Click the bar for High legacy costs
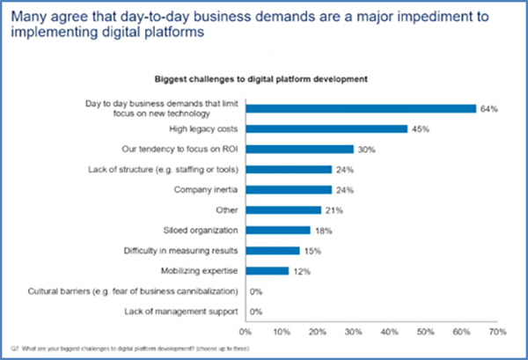point(326,129)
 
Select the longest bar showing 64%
point(361,108)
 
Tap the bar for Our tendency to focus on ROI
point(299,149)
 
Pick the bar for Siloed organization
point(277,230)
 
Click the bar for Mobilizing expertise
point(267,270)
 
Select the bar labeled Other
point(282,209)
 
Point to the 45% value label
point(421,129)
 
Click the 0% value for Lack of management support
point(258,311)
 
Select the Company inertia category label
point(209,189)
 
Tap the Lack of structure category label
point(165,169)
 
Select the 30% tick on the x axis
point(353,332)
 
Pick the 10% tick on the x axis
point(281,332)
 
